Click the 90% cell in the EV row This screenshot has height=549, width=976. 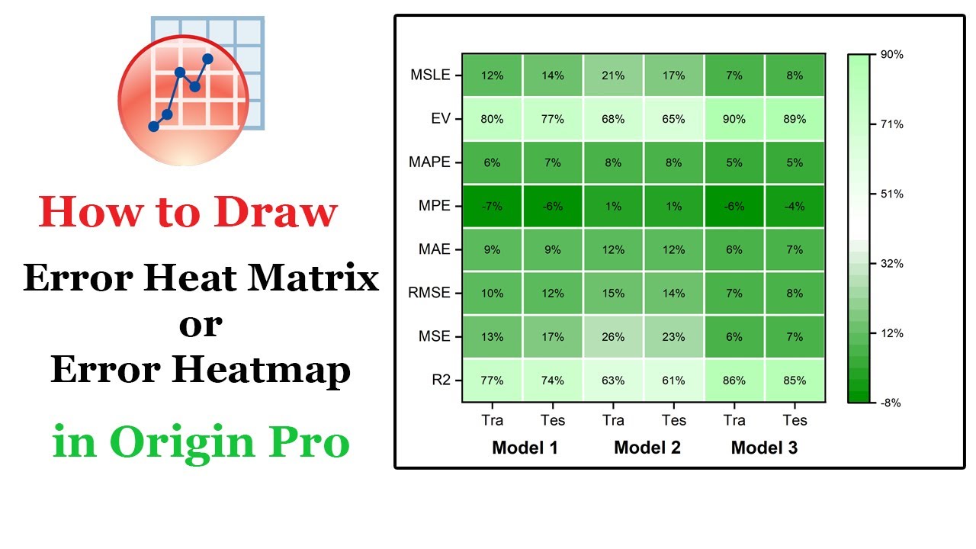(734, 119)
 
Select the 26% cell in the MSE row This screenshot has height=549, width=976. (613, 336)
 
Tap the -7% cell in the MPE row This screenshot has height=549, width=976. (492, 206)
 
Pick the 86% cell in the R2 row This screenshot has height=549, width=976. (734, 380)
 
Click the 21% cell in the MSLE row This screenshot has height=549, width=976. (613, 75)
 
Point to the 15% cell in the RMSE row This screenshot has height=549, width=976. (613, 293)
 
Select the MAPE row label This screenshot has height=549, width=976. (429, 162)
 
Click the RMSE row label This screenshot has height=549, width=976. (430, 293)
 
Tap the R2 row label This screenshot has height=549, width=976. (441, 380)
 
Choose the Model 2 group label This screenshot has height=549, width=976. (647, 448)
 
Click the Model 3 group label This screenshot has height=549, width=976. (764, 448)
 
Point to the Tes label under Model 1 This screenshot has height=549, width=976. (553, 420)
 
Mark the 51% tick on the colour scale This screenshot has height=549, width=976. (891, 194)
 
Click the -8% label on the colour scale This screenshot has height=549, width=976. (891, 403)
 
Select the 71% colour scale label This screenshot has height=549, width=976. (891, 124)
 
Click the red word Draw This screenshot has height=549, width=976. (275, 213)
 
